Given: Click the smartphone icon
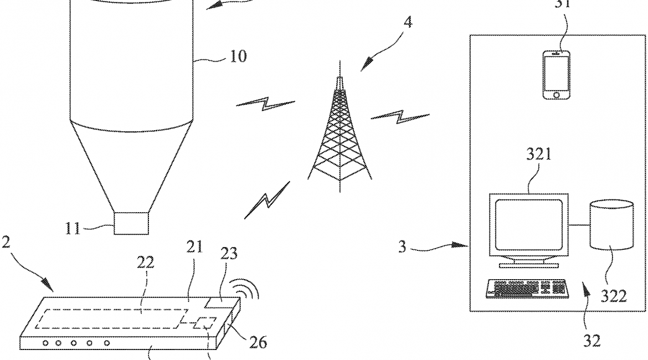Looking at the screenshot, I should click(557, 75).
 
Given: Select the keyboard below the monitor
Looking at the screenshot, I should click(527, 288).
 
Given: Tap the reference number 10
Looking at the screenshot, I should click(238, 56).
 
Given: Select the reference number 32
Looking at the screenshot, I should click(592, 341).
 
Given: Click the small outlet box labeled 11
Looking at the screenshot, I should click(131, 223).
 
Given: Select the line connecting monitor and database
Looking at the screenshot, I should click(579, 225).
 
